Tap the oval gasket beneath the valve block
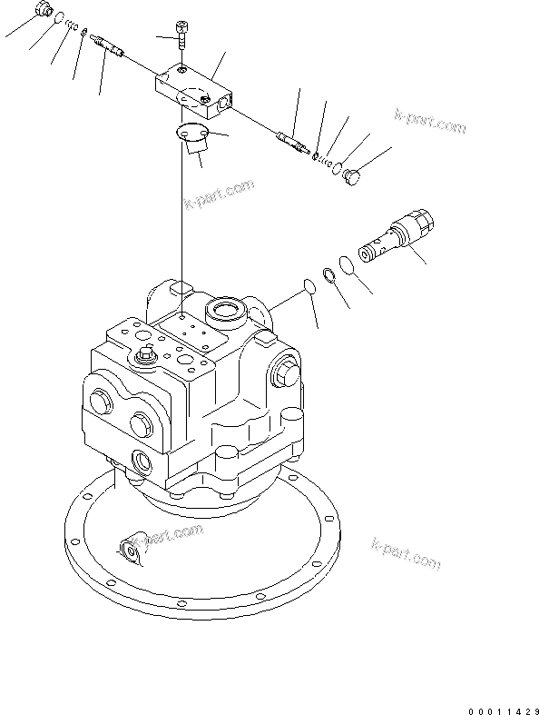coord(191,134)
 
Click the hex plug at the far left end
coord(44,11)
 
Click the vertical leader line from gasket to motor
coord(184,218)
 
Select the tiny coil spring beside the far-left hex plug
coord(71,25)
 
